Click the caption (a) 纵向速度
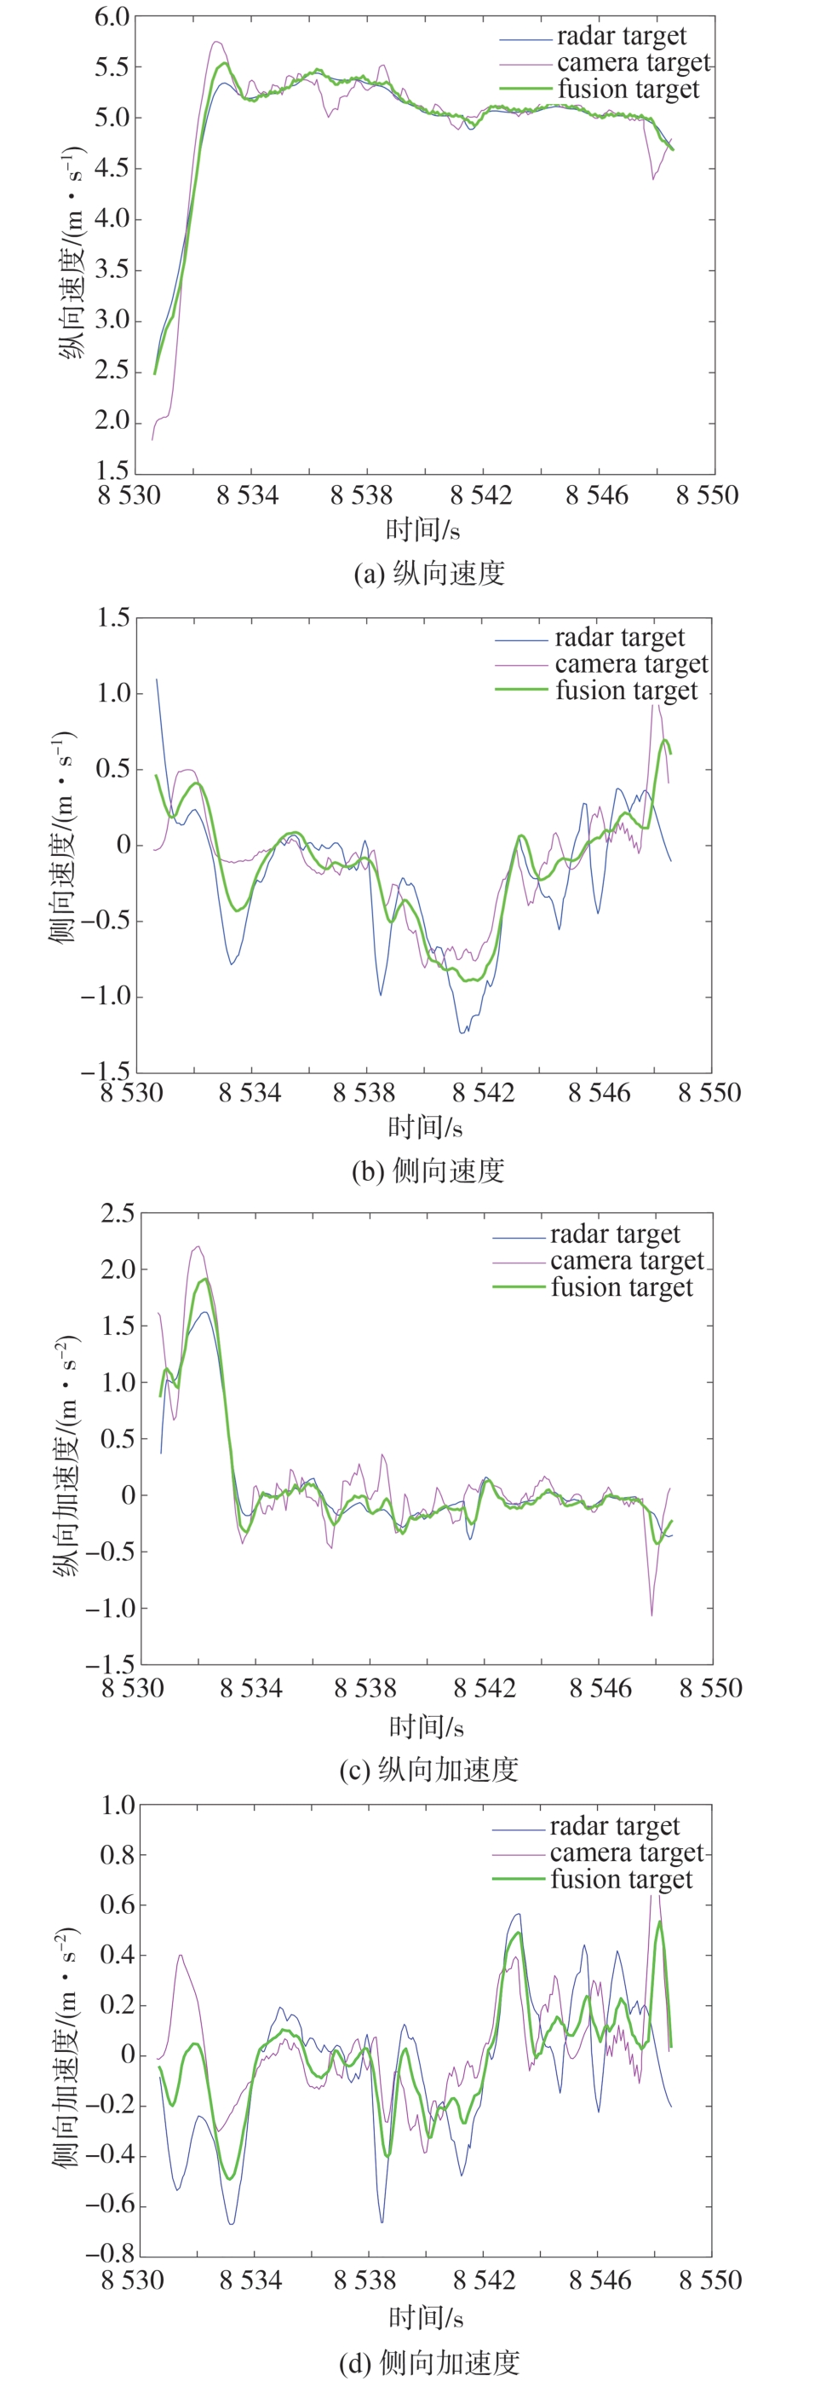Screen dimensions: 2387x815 click(429, 574)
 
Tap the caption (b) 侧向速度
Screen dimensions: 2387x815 click(428, 1171)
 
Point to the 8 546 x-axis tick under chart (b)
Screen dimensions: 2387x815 click(600, 1094)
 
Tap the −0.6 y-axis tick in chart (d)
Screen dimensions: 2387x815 click(110, 2205)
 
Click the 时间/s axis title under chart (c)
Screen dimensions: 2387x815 click(426, 1726)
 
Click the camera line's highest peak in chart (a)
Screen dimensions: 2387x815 click(215, 42)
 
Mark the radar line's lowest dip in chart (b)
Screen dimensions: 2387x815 click(462, 1032)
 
